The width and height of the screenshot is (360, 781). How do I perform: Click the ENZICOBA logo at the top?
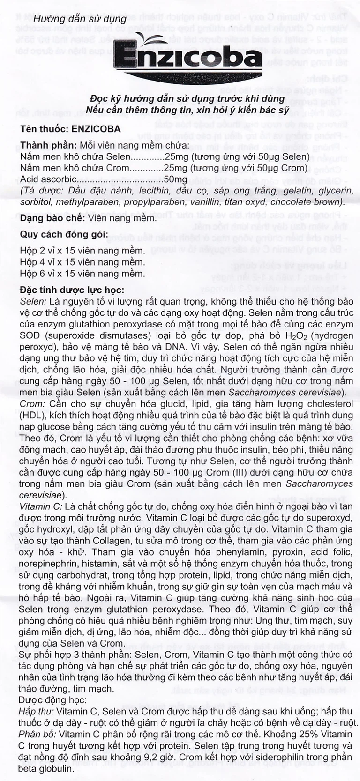(x=187, y=59)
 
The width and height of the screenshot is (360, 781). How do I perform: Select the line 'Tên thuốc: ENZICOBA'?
(x=70, y=129)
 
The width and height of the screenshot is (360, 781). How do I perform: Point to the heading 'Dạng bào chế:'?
(x=52, y=218)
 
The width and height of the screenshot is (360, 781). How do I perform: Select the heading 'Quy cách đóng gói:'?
(x=64, y=234)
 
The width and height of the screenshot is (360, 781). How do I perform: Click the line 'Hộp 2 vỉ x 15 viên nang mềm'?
(x=82, y=251)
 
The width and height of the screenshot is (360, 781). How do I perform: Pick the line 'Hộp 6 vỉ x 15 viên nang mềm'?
(x=82, y=273)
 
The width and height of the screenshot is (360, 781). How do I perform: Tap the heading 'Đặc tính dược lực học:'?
(x=72, y=290)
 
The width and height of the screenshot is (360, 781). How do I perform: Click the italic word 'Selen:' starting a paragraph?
(x=33, y=302)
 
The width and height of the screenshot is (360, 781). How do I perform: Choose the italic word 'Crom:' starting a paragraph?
(x=32, y=403)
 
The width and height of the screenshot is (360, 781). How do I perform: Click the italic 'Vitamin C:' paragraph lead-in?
(x=40, y=506)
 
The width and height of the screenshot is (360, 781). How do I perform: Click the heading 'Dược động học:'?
(x=52, y=700)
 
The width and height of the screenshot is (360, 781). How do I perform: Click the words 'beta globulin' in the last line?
(x=46, y=768)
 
